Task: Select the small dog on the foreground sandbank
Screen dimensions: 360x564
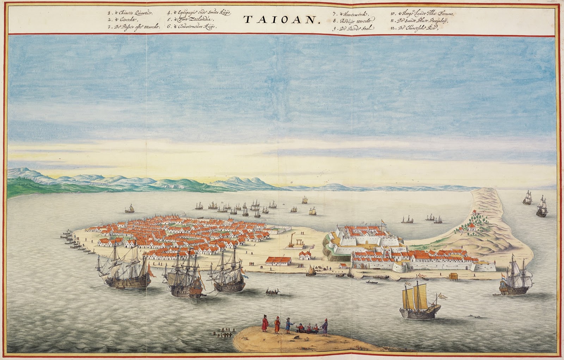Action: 298,337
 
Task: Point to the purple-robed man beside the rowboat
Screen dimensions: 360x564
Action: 325,327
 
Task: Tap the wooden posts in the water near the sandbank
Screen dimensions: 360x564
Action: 224,332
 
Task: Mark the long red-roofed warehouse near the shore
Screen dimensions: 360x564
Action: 278,261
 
